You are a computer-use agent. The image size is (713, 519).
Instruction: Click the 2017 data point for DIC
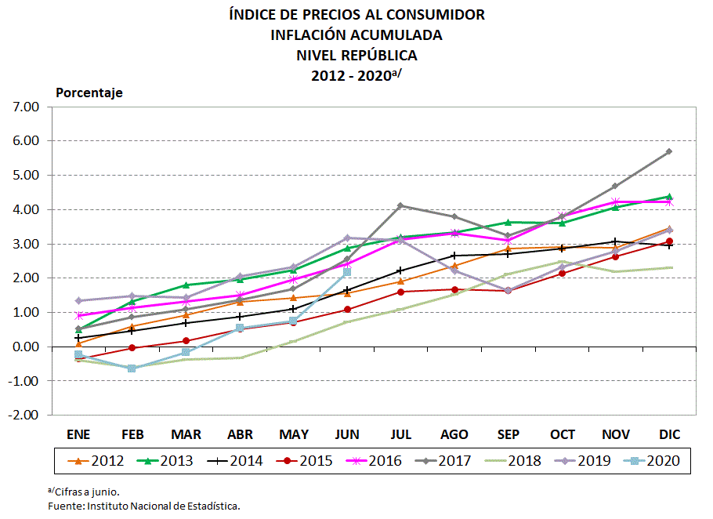tap(668, 151)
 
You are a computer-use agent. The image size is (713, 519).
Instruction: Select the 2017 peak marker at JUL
tap(400, 205)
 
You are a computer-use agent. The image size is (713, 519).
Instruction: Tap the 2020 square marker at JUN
tap(346, 272)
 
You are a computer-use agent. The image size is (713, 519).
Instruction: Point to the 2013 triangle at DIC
tap(668, 197)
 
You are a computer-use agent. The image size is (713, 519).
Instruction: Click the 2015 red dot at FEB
tap(132, 347)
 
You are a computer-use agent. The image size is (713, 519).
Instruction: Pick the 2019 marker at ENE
tap(78, 300)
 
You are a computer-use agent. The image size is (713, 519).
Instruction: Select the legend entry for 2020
tap(652, 461)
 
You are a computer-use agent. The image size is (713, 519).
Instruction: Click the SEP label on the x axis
tap(508, 434)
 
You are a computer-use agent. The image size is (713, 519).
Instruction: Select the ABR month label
tap(239, 434)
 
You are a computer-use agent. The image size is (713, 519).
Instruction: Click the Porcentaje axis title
tap(89, 93)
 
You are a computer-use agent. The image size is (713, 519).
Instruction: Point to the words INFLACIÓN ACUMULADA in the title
tap(356, 35)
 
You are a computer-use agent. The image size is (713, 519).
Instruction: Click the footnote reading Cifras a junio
tap(86, 492)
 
